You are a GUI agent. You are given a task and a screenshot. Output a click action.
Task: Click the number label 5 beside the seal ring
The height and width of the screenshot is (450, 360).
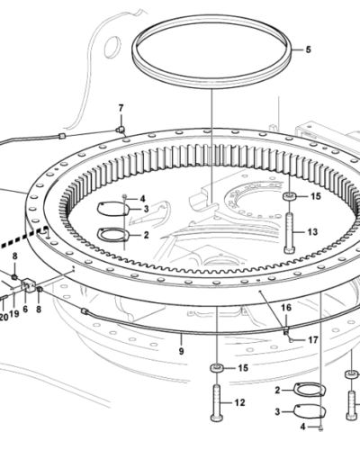(x=308, y=49)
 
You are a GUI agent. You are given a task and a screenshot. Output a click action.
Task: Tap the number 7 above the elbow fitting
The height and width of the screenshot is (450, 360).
(x=121, y=108)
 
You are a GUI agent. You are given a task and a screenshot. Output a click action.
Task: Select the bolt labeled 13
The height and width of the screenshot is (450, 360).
(x=290, y=233)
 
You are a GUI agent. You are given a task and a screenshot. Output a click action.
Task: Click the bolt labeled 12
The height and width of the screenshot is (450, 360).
(x=217, y=402)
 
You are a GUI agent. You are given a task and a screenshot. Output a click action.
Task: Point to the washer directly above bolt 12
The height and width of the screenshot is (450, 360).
(x=217, y=368)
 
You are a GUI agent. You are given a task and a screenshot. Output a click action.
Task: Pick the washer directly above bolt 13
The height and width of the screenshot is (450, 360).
(x=290, y=197)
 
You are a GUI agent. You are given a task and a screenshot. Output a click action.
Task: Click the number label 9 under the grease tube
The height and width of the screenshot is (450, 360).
(x=181, y=351)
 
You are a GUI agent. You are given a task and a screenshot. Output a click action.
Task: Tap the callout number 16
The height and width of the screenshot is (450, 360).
(x=286, y=308)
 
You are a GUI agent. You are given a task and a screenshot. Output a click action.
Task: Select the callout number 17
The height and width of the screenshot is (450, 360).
(x=313, y=340)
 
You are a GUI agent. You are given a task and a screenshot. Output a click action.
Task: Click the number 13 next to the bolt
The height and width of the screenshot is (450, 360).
(x=312, y=232)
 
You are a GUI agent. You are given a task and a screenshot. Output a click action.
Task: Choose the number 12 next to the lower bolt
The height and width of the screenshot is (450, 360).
(x=239, y=402)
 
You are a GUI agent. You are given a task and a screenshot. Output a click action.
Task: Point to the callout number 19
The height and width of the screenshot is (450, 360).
(x=14, y=313)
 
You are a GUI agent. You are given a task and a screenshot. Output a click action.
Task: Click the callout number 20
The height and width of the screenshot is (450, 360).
(x=4, y=317)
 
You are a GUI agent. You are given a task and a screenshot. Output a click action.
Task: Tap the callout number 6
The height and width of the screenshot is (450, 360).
(x=25, y=309)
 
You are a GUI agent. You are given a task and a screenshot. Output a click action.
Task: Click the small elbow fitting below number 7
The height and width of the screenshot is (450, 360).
(x=121, y=130)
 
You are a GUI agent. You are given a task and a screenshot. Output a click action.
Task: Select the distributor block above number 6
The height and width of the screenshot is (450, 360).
(x=29, y=284)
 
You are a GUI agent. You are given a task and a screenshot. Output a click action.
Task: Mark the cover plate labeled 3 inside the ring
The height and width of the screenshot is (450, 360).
(x=112, y=209)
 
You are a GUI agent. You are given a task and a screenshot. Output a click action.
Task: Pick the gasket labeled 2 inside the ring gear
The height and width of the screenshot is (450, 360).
(x=112, y=235)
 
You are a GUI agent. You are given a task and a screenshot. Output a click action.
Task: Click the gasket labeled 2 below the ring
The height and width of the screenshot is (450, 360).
(x=310, y=390)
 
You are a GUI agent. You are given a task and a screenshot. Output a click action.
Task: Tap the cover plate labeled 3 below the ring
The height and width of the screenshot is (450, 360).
(x=310, y=411)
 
